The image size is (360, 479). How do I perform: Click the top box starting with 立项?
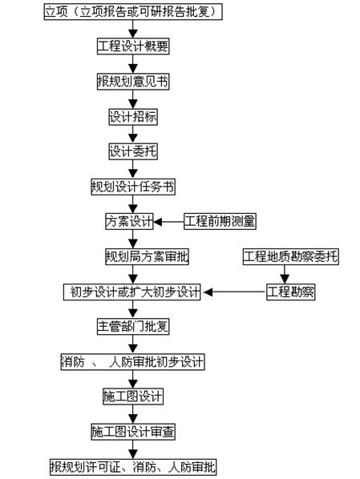pyautogui.click(x=132, y=11)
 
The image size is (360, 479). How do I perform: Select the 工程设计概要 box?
pyautogui.click(x=133, y=46)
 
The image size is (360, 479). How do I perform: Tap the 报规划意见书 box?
pyautogui.click(x=133, y=82)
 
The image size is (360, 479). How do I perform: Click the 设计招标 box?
pyautogui.click(x=133, y=117)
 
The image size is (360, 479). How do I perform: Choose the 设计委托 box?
pyautogui.click(x=133, y=151)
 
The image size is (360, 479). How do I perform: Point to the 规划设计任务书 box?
pyautogui.click(x=133, y=187)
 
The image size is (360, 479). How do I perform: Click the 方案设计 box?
pyautogui.click(x=129, y=221)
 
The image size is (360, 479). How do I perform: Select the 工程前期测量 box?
pyautogui.click(x=220, y=221)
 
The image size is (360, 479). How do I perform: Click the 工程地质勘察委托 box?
pyautogui.click(x=291, y=256)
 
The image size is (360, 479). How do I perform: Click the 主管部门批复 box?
pyautogui.click(x=133, y=327)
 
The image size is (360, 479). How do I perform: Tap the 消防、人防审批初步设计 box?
pyautogui.click(x=133, y=362)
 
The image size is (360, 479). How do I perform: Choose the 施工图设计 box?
pyautogui.click(x=133, y=396)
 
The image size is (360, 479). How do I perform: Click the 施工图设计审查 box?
pyautogui.click(x=133, y=432)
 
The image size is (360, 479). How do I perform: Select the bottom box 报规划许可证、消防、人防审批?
pyautogui.click(x=133, y=467)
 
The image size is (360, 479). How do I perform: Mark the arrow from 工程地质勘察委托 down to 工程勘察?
pyautogui.click(x=291, y=274)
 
